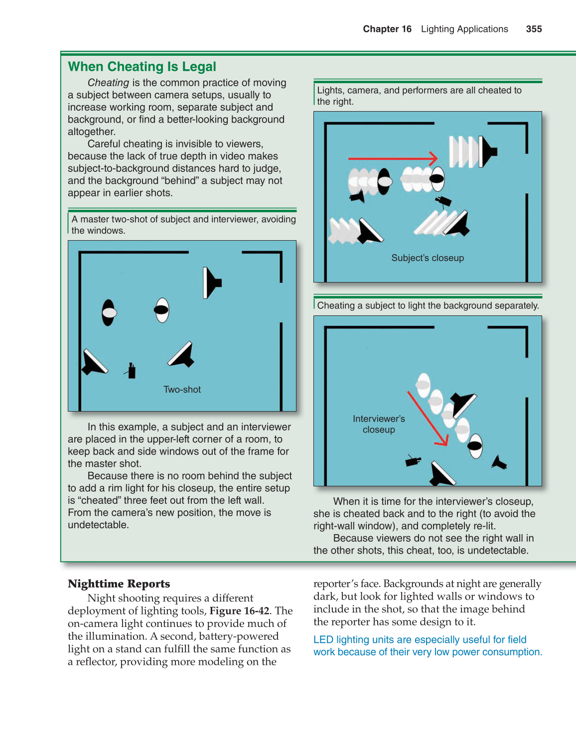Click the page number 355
coord(534,29)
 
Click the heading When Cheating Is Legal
coord(142,67)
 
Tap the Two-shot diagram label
coord(182,390)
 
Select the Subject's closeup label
coord(428,258)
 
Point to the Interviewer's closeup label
coord(379,424)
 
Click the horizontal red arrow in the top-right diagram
coord(393,158)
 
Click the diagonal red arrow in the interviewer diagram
coord(428,418)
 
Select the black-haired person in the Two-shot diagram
coord(109,312)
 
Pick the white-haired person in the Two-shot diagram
coord(162,310)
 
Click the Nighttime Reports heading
coord(119,584)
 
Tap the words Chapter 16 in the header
coord(387,29)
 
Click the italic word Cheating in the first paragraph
coord(108,83)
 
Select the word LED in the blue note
coord(323,640)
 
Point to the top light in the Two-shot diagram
coord(212,283)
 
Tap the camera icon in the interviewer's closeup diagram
coord(413,460)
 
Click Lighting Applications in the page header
coord(464,29)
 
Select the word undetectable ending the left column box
coord(98,525)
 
